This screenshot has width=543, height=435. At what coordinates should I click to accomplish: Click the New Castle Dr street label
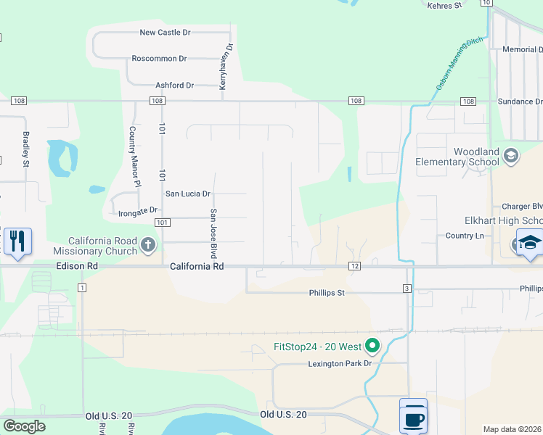[x=165, y=33]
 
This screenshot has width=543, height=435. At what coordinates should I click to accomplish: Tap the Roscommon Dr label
[x=159, y=59]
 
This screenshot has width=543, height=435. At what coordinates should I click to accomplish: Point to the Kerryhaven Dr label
[x=226, y=67]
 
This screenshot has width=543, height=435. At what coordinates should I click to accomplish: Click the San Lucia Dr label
[x=188, y=194]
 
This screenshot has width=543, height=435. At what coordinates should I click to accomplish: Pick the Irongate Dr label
[x=138, y=212]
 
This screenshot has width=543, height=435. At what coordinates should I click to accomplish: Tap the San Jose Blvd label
[x=214, y=233]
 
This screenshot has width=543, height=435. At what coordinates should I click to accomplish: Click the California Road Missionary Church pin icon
[x=149, y=245]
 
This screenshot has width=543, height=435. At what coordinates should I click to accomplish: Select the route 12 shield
[x=354, y=267]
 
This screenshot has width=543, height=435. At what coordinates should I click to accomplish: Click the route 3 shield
[x=408, y=289]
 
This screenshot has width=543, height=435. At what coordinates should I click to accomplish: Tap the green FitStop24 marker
[x=372, y=346]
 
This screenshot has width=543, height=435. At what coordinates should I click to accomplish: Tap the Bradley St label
[x=25, y=148]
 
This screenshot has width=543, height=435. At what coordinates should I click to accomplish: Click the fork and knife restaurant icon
[x=17, y=241]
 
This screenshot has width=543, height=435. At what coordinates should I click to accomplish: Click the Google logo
[x=24, y=426]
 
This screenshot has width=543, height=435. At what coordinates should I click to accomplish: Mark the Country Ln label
[x=465, y=236]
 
